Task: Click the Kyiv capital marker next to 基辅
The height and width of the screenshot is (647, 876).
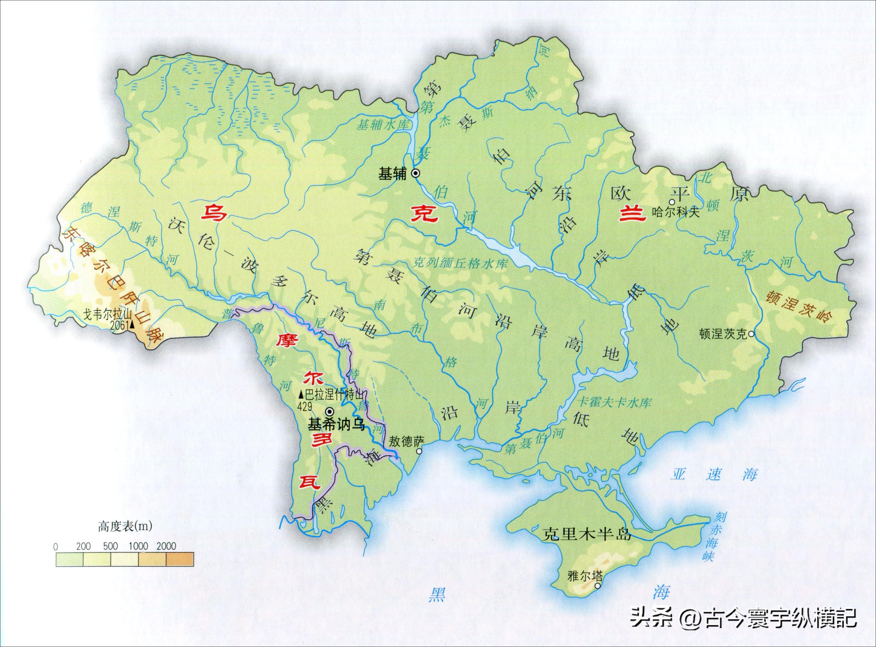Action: [x=415, y=173]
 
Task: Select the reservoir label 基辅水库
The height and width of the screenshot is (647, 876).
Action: [x=382, y=125]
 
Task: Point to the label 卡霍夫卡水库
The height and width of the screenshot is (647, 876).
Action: [x=614, y=403]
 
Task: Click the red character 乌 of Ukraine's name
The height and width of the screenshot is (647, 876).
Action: [x=214, y=213]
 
